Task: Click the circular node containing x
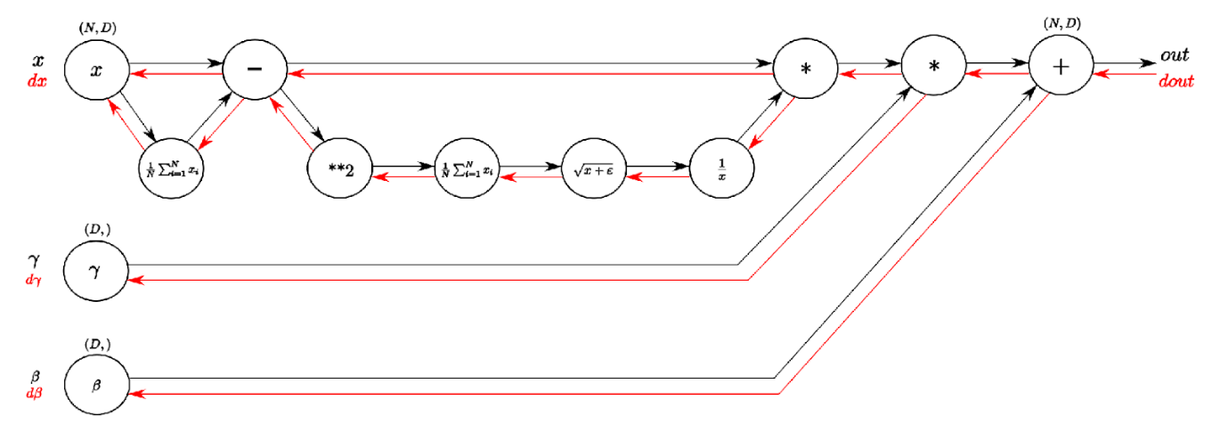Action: pos(96,69)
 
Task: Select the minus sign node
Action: pos(254,69)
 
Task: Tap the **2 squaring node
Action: pos(339,171)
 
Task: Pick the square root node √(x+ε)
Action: pos(594,171)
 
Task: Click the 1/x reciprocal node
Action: pos(722,171)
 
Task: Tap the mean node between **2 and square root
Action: pos(467,171)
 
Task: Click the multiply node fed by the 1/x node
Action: pos(806,69)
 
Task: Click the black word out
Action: pos(1175,56)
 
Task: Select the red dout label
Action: pos(1175,82)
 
